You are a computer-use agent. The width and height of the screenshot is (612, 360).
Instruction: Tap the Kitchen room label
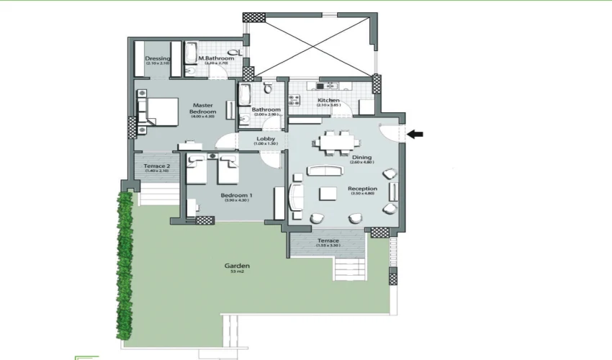click(328, 100)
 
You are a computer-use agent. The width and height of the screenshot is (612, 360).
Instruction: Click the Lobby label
click(266, 138)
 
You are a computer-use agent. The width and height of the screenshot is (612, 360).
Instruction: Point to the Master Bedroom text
click(202, 109)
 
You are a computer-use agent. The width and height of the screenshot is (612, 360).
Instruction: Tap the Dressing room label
click(157, 58)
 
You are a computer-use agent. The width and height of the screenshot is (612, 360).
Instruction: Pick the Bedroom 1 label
click(235, 195)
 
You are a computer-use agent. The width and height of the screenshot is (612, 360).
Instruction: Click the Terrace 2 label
click(156, 166)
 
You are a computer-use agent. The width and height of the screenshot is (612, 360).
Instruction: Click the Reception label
click(362, 189)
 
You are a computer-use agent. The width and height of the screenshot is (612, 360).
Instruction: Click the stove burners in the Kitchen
click(322, 86)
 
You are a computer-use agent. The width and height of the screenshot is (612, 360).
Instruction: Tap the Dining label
click(361, 157)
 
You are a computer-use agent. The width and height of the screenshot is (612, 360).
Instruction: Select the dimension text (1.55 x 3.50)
click(328, 246)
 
